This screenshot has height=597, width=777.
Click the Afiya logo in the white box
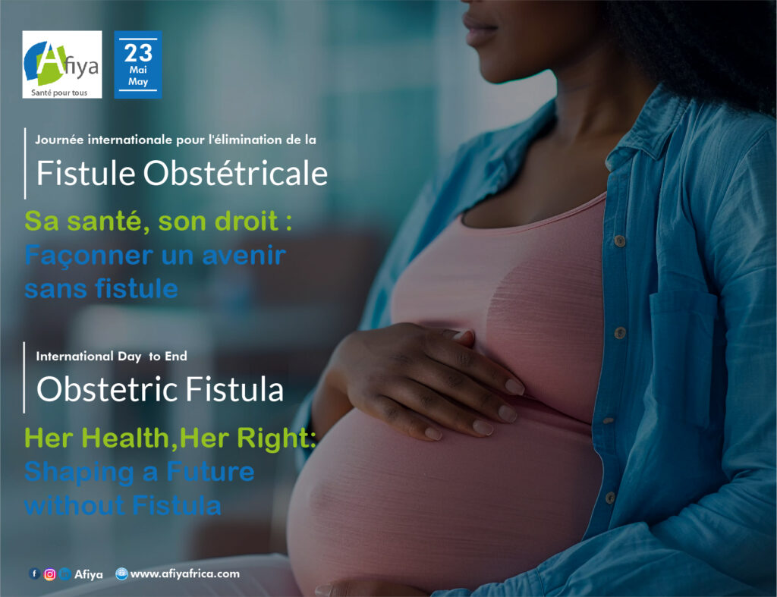point(62,64)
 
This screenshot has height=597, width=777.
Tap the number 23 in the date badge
point(138,53)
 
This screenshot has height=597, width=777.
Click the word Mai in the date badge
point(138,70)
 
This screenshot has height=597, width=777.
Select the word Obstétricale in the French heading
point(235,174)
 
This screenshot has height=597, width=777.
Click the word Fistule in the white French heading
point(86,174)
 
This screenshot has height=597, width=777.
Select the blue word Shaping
point(80,472)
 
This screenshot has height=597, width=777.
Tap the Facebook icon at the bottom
point(34,573)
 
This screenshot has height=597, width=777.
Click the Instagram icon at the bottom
point(49,574)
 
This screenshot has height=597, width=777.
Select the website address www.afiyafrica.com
point(185,573)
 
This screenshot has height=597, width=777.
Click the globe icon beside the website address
point(121,573)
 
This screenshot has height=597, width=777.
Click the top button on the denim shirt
point(619,240)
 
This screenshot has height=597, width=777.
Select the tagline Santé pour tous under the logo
point(59,93)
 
